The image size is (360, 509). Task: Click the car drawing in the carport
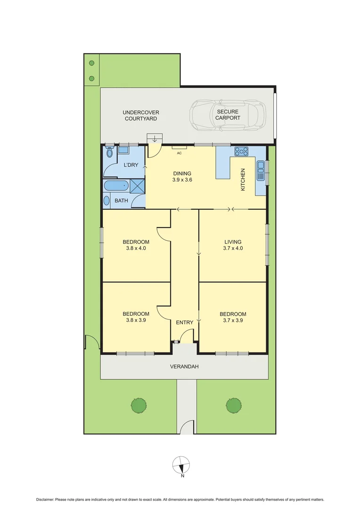(227, 115)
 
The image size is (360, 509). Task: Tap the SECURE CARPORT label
(228, 115)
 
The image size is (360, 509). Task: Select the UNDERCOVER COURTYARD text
(141, 115)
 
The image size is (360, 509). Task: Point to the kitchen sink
(261, 171)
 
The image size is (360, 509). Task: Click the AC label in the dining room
(179, 153)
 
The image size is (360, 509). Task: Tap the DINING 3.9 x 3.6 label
(182, 176)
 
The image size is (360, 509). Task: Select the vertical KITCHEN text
(244, 179)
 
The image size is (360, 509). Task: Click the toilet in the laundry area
(109, 152)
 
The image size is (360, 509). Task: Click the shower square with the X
(137, 186)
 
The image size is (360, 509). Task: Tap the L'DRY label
(131, 165)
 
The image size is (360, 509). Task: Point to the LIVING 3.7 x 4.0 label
(233, 245)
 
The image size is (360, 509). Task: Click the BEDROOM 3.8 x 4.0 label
(136, 245)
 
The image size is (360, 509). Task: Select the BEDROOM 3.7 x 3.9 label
(233, 317)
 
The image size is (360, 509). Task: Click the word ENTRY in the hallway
(185, 322)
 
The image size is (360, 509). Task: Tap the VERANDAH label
(184, 366)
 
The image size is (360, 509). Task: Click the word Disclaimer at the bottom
(45, 500)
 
